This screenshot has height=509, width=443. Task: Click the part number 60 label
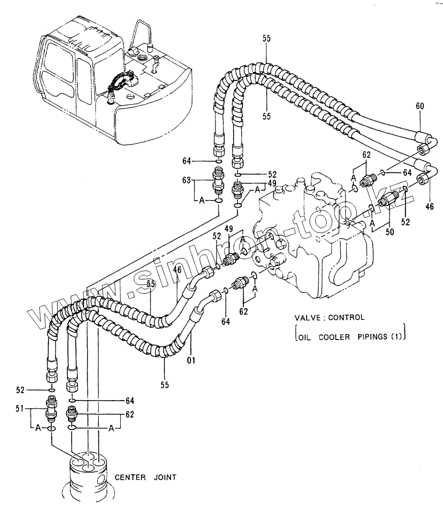pyautogui.click(x=420, y=106)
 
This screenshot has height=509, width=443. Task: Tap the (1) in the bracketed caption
pyautogui.click(x=398, y=336)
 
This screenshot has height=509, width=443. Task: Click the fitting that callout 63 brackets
pyautogui.click(x=217, y=182)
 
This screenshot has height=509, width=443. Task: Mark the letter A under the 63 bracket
pyautogui.click(x=202, y=201)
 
